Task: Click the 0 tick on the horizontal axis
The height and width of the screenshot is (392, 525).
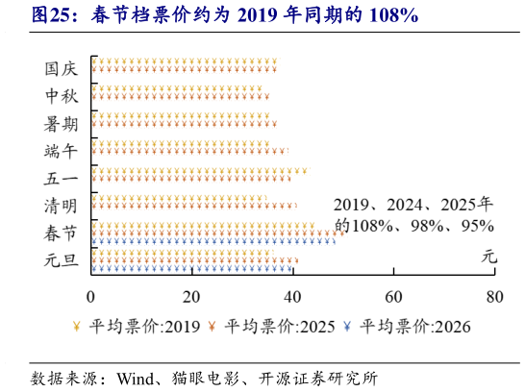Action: coord(91,295)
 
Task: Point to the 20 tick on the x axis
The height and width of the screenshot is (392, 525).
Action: coord(192,295)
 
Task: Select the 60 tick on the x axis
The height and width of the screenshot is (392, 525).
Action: coord(393,295)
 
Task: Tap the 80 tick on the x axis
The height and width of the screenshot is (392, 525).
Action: coord(494,295)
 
